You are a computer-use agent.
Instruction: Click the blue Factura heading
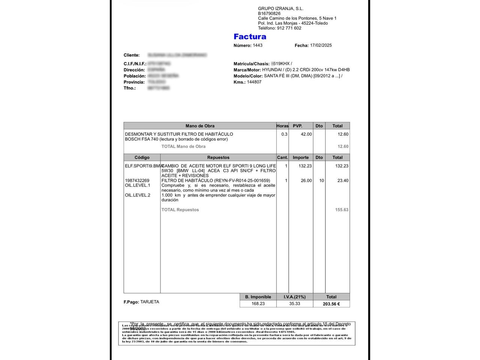(250, 37)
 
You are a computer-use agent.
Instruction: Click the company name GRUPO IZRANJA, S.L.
(280, 9)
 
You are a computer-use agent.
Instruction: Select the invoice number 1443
(258, 45)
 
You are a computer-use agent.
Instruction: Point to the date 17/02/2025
(321, 45)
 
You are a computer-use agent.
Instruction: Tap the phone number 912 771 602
(289, 28)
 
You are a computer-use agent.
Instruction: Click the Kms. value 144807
(254, 82)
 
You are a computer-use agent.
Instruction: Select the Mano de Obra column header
(200, 126)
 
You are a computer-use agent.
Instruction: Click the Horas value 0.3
(284, 134)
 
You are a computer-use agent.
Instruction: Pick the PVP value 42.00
(306, 134)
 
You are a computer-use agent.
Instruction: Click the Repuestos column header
(218, 157)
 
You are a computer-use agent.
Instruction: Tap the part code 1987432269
(137, 181)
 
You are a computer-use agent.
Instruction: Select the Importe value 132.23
(305, 166)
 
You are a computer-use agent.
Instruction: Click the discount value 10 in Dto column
(321, 181)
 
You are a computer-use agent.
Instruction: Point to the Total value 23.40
(343, 181)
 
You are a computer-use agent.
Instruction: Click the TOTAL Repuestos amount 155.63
(342, 210)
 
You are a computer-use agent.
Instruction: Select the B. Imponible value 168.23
(258, 304)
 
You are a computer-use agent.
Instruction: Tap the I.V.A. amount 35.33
(294, 304)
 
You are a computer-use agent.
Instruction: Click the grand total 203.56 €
(331, 304)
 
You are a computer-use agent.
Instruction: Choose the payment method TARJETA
(150, 302)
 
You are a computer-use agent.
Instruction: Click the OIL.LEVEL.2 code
(137, 195)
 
